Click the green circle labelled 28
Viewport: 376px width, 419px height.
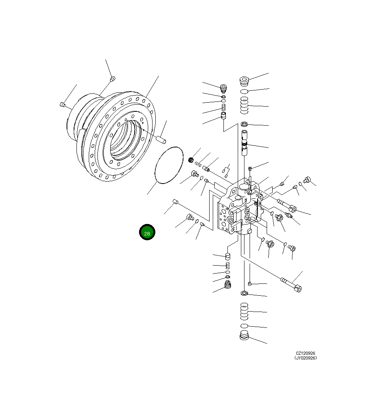tap(147, 233)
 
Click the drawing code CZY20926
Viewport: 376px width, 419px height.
tap(305, 353)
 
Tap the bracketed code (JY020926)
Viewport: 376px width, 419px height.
tap(305, 358)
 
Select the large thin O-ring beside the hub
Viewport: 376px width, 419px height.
tap(168, 165)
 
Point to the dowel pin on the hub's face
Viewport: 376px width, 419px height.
tap(160, 139)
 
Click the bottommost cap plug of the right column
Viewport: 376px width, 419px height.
tap(244, 337)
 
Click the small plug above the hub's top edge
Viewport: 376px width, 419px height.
tap(112, 79)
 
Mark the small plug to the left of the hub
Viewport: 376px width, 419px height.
tap(63, 105)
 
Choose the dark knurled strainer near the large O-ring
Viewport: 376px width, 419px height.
tap(191, 160)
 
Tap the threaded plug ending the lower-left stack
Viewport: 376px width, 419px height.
tap(228, 285)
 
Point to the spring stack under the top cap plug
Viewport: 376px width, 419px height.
tap(244, 106)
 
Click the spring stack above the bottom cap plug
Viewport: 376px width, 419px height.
tap(244, 311)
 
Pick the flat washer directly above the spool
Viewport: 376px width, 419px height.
tap(244, 124)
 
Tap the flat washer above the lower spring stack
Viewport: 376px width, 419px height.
tap(244, 294)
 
